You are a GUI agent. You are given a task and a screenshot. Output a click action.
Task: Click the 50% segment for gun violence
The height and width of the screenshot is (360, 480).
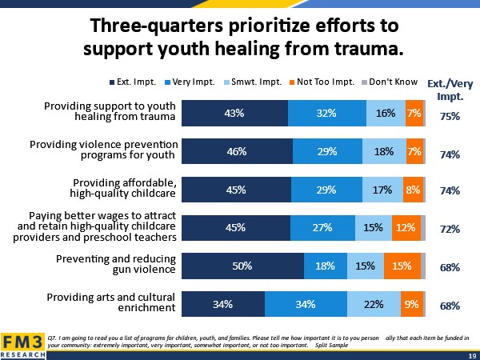[x=243, y=266]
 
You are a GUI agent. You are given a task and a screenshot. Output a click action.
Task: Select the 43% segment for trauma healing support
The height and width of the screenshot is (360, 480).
[x=234, y=114]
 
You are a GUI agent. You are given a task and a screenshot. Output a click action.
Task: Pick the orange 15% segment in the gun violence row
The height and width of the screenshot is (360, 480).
[x=402, y=266]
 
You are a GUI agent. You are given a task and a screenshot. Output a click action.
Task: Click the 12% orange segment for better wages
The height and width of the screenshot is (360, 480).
[x=406, y=228]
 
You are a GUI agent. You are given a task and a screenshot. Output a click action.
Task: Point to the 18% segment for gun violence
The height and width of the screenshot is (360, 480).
[x=325, y=266]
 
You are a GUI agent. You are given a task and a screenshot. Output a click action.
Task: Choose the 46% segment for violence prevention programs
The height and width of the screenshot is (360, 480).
[x=237, y=151]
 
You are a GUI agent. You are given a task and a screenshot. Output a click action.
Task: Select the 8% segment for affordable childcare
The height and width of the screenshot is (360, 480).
[x=413, y=190]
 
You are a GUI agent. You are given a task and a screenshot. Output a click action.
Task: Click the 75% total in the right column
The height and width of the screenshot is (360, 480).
[x=450, y=115]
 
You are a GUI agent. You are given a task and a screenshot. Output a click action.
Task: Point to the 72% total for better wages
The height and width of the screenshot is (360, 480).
[x=450, y=229]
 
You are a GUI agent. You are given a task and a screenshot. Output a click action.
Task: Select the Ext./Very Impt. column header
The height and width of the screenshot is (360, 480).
[x=449, y=89]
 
